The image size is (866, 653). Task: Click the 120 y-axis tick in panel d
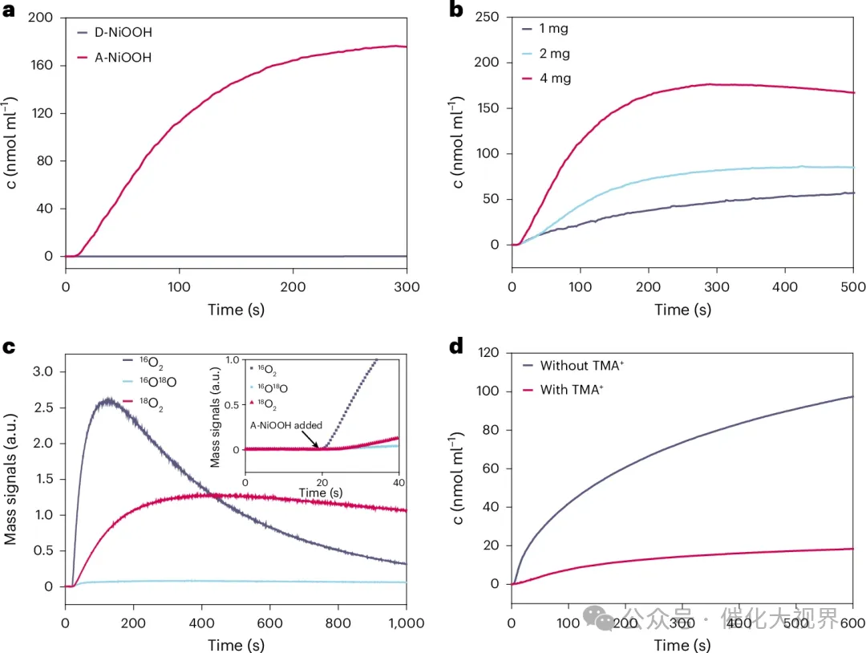click(x=488, y=353)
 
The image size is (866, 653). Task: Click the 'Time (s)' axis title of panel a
click(x=236, y=309)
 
